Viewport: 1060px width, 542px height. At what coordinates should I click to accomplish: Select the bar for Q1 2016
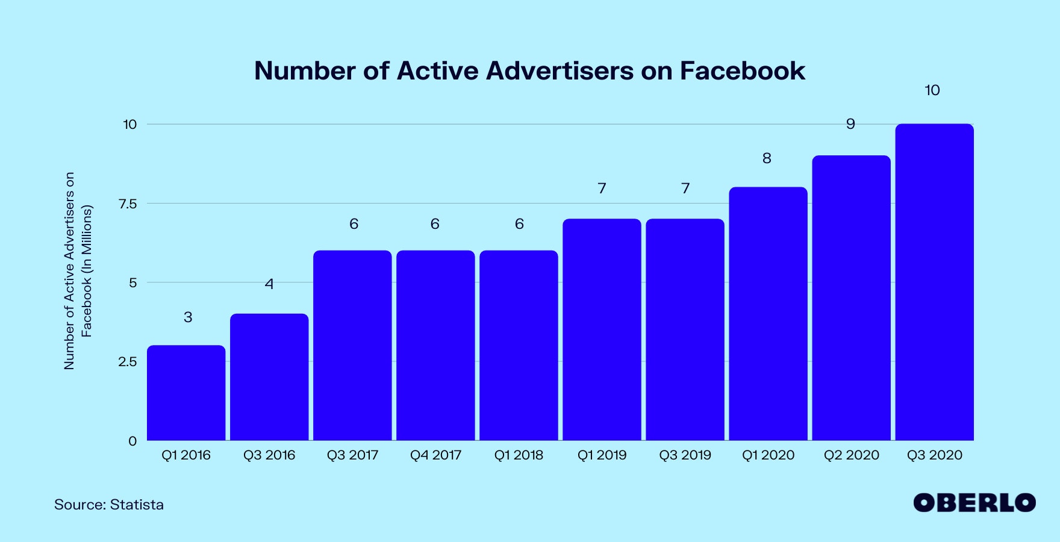186,393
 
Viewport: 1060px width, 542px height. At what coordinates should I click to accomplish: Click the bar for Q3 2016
269,377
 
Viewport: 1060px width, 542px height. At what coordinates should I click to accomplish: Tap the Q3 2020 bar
934,282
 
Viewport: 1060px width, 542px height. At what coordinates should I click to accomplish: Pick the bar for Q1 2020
768,314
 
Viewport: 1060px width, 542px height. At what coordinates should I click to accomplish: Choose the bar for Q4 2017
435,345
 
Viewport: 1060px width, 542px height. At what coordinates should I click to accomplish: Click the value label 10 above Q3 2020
932,90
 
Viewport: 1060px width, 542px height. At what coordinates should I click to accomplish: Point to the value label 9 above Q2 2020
850,124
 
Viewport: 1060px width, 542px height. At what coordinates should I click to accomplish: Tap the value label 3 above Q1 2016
188,317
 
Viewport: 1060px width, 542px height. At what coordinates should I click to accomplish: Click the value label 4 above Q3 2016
269,284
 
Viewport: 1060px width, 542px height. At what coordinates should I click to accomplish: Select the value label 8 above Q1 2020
767,158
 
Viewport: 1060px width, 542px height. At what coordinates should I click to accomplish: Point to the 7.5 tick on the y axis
128,204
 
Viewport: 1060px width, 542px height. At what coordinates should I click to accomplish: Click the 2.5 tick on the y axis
128,362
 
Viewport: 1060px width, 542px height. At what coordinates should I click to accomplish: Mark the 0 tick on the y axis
132,441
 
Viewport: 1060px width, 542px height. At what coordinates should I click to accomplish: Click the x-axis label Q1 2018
519,455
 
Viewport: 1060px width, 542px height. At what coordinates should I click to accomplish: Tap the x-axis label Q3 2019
685,455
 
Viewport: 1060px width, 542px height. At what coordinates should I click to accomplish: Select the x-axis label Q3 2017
352,455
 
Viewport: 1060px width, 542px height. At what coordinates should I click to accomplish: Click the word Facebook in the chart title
742,71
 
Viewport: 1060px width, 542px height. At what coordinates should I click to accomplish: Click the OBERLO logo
974,503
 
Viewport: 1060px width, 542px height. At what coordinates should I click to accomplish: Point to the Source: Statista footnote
109,505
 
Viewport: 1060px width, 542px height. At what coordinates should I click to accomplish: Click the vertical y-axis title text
78,271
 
